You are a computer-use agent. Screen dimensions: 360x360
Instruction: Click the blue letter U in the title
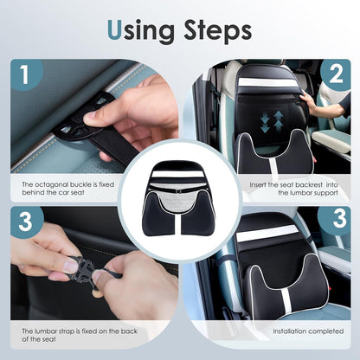pos(115,29)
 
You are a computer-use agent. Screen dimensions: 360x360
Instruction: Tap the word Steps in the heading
pos(213,31)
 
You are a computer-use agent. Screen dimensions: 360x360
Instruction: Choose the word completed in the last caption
pos(325,330)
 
